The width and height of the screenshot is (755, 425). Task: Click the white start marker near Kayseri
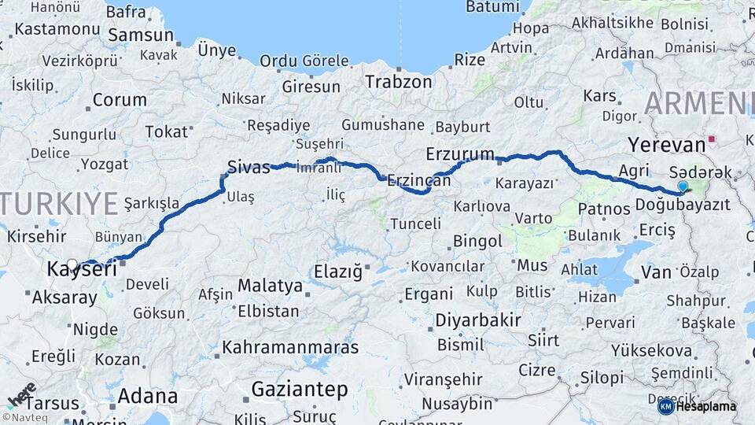click(72, 264)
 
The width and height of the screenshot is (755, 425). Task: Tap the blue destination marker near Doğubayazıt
click(683, 187)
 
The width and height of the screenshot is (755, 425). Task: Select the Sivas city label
click(249, 167)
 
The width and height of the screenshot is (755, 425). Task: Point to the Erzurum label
click(460, 153)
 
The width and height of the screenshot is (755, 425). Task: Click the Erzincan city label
click(418, 180)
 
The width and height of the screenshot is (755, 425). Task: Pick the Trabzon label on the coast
click(399, 81)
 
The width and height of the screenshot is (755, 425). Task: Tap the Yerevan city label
click(667, 146)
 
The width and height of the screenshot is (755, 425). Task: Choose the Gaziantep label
click(300, 389)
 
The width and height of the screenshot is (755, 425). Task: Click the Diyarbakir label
click(477, 320)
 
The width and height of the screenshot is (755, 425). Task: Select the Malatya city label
click(270, 285)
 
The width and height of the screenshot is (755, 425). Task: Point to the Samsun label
click(140, 35)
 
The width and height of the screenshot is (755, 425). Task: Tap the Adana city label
click(148, 396)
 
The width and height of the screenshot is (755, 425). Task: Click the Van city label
click(656, 272)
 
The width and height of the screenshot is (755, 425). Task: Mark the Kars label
click(599, 95)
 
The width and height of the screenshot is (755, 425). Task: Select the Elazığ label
click(338, 272)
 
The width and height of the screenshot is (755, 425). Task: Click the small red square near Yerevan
click(712, 139)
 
